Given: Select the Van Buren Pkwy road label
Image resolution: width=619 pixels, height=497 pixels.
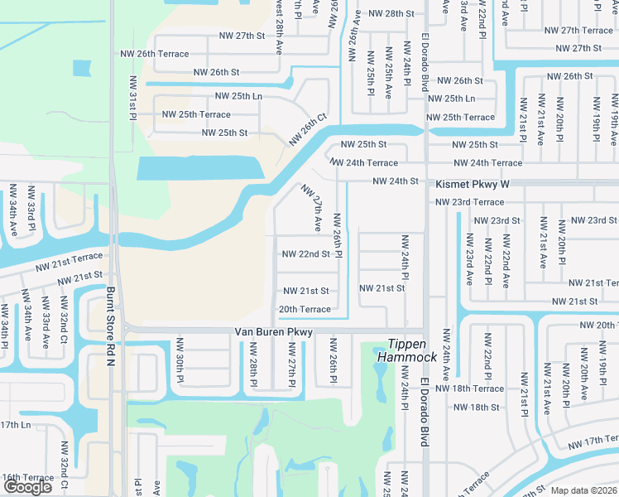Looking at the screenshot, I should tap(273, 332).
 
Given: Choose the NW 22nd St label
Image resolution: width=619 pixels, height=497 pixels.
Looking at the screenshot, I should tap(305, 253).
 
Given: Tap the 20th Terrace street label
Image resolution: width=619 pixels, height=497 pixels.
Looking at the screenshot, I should tap(305, 309).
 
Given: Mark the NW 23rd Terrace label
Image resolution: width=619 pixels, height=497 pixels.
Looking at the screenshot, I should tap(469, 202).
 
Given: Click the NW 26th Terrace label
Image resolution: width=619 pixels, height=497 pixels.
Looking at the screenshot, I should tap(163, 54).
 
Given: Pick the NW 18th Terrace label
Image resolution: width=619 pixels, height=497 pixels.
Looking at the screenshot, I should tap(469, 388).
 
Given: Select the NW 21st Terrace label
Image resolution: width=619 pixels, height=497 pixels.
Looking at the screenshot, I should tap(69, 262).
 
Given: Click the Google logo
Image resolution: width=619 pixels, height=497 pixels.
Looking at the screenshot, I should tap(27, 487).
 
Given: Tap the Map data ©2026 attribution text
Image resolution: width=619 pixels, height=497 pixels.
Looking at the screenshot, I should tap(583, 490).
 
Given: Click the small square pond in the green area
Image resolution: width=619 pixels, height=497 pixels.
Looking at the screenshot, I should tap(81, 69).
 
